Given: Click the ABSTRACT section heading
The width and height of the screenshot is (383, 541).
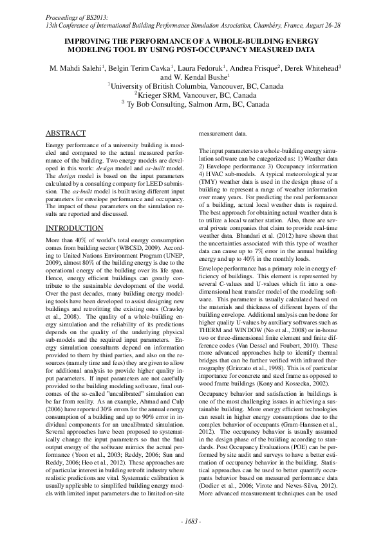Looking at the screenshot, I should (66, 134).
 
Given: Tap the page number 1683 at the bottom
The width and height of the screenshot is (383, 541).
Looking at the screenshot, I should (191, 520).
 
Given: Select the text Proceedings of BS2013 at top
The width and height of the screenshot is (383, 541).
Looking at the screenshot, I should (80, 13).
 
